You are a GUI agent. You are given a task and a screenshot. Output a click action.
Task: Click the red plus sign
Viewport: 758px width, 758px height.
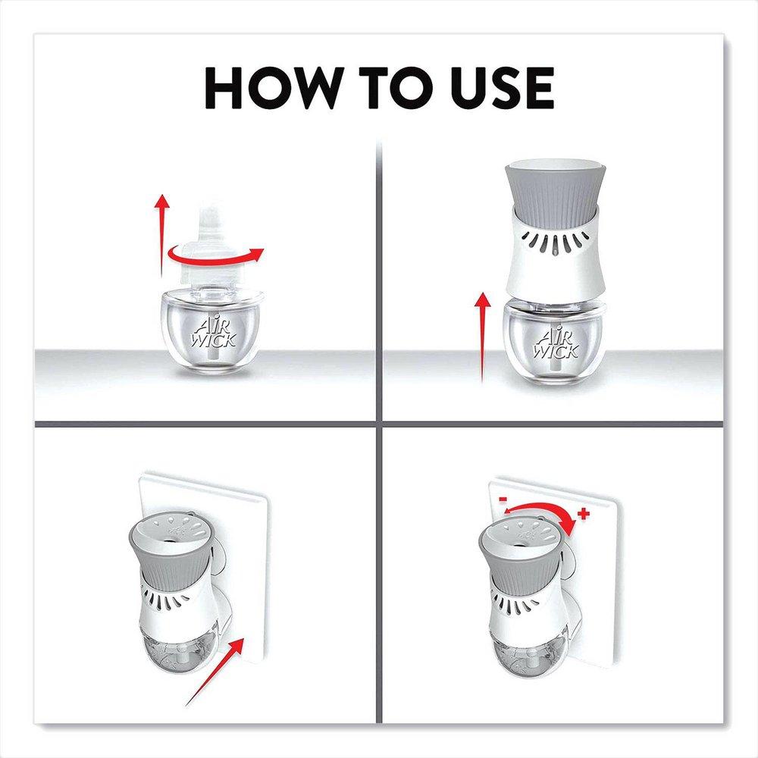coord(583,515)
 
